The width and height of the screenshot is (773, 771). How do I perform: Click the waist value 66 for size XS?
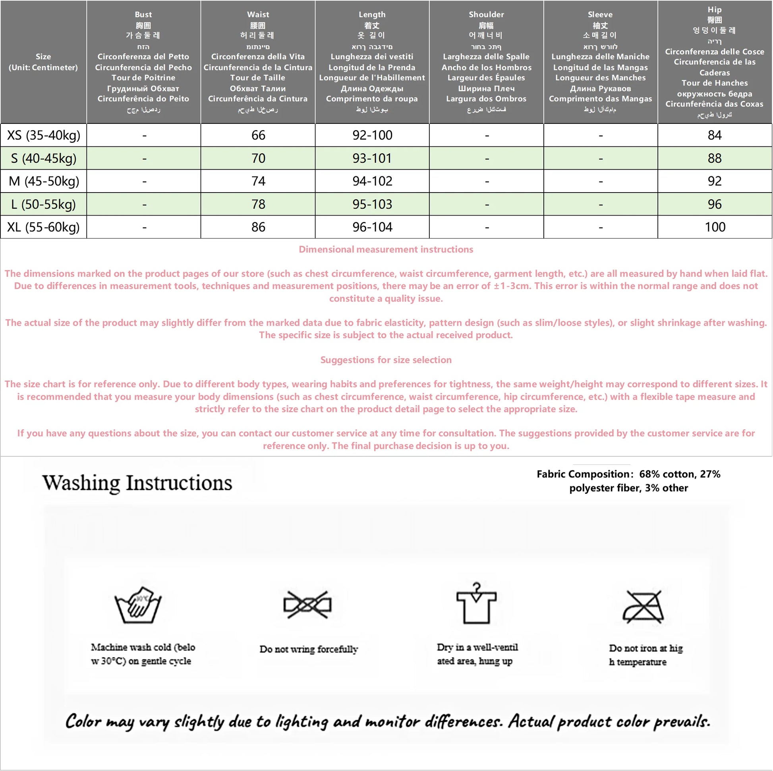click(258, 135)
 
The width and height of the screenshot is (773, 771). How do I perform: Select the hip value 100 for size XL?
click(715, 227)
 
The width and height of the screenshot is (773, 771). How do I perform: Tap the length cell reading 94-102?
click(372, 181)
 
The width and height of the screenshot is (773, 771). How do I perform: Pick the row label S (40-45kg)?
click(44, 158)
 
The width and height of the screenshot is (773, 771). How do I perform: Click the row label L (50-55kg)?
click(44, 204)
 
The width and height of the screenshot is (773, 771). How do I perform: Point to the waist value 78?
click(258, 204)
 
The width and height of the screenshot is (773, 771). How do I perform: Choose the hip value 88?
click(715, 158)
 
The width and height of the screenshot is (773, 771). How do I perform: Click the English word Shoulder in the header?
click(486, 14)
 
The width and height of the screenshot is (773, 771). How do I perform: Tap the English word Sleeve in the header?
click(600, 14)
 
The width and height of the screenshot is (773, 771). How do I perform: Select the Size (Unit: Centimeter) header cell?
click(43, 62)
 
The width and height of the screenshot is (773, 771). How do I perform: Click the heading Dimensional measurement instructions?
click(386, 250)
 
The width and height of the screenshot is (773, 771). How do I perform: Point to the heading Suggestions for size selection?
click(386, 360)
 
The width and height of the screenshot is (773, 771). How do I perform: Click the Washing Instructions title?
click(137, 483)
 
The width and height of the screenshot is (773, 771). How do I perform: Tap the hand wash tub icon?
click(138, 605)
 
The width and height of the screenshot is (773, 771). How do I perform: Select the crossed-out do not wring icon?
click(307, 605)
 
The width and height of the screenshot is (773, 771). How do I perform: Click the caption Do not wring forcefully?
click(309, 649)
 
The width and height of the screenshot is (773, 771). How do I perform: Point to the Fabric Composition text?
click(628, 481)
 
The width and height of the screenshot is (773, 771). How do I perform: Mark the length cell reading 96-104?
click(372, 227)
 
